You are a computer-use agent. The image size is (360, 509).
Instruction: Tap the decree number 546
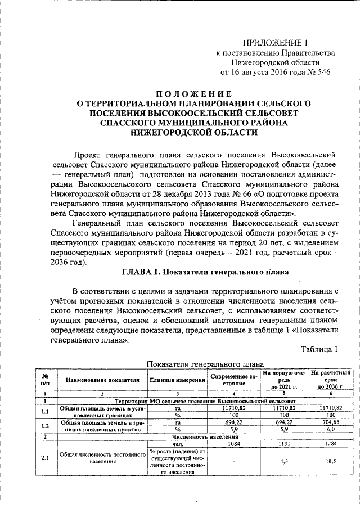click(x=319, y=72)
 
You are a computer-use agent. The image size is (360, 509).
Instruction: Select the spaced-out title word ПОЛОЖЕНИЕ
click(x=193, y=93)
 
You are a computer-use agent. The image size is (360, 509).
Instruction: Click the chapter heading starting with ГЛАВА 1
click(x=205, y=272)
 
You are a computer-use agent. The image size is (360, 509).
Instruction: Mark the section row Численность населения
click(x=203, y=436)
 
